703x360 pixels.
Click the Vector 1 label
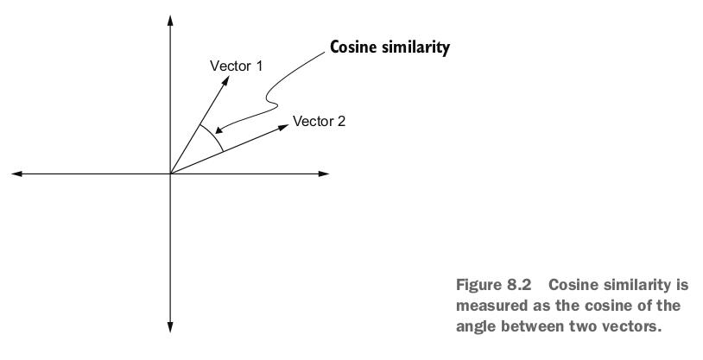(237, 65)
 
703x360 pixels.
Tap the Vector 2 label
(319, 121)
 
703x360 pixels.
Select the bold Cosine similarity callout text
(389, 48)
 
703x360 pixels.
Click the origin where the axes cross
(170, 174)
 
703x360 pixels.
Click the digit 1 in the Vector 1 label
(259, 65)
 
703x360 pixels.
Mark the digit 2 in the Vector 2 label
(341, 121)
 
